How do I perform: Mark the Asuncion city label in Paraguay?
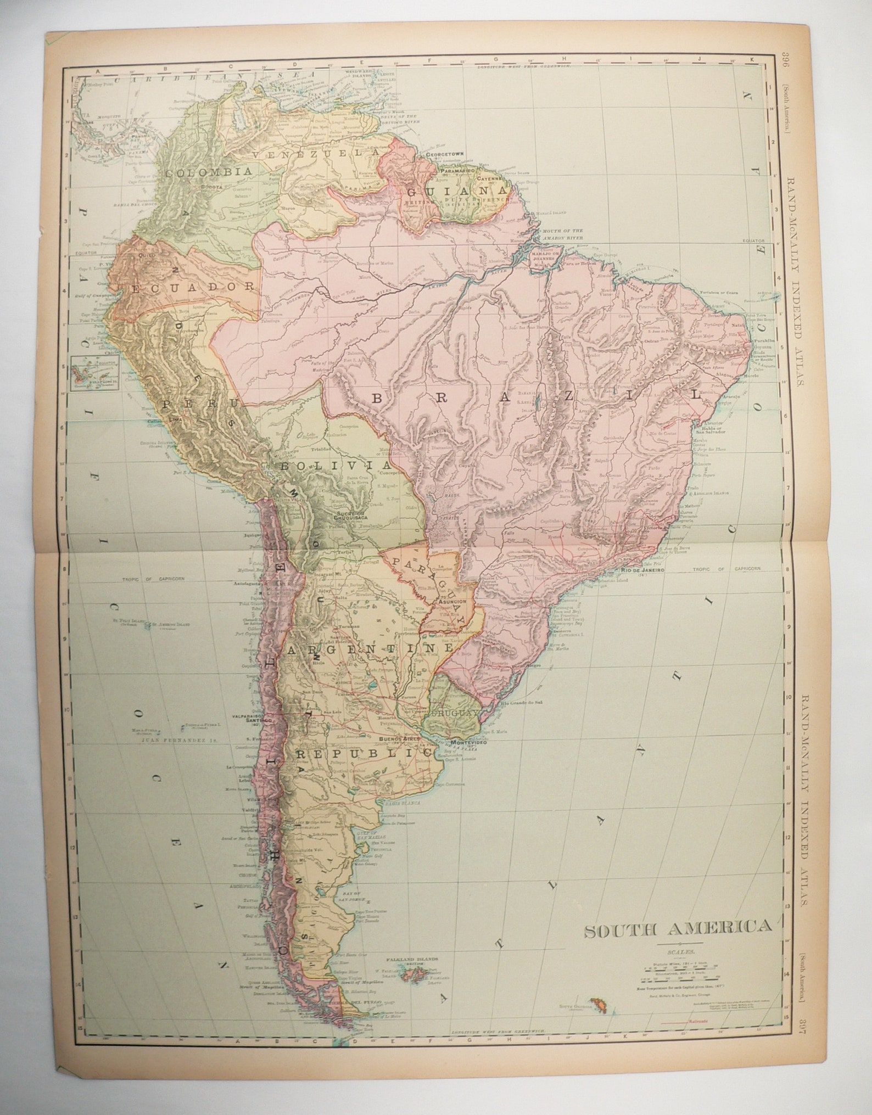pyautogui.click(x=452, y=602)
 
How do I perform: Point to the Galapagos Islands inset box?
pyautogui.click(x=90, y=373)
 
